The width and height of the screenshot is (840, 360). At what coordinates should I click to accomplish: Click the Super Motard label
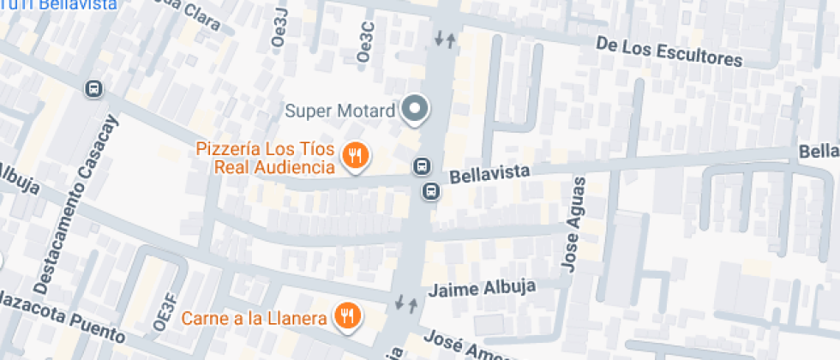pos(340,111)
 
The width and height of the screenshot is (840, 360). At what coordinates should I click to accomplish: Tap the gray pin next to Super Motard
pos(416,109)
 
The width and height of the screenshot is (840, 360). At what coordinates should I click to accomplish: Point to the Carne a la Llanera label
pos(255,319)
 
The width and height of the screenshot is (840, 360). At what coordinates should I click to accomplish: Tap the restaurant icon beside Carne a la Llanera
pos(347,316)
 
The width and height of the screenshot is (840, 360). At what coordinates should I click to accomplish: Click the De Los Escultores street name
pos(669,51)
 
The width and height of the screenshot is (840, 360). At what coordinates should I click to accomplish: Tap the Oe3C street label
pos(366,39)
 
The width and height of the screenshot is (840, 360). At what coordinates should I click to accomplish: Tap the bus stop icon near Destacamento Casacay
pos(93,88)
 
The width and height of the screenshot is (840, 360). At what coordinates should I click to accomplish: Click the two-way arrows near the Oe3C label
pos(445,39)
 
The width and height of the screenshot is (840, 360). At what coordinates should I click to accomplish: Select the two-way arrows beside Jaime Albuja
pos(406,303)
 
